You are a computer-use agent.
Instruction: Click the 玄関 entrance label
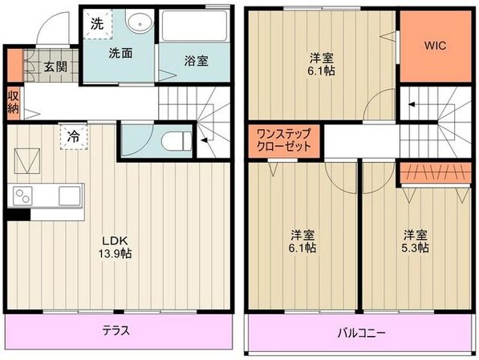[x=55, y=66]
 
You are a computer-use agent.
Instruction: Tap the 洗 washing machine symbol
[x=97, y=24]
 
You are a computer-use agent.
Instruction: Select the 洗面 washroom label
[x=120, y=54]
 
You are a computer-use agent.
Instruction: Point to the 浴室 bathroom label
[x=197, y=60]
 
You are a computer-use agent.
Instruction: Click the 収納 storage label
[x=14, y=103]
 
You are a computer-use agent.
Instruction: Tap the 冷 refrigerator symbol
[x=73, y=137]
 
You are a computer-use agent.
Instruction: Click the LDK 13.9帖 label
[x=116, y=247]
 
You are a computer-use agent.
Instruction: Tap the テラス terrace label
[x=116, y=330]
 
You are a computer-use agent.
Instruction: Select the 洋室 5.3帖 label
[x=415, y=241]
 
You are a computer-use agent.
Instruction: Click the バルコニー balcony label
[x=359, y=331]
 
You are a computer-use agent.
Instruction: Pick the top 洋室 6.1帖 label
[x=323, y=63]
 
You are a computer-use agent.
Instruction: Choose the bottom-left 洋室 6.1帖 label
[x=302, y=241]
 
